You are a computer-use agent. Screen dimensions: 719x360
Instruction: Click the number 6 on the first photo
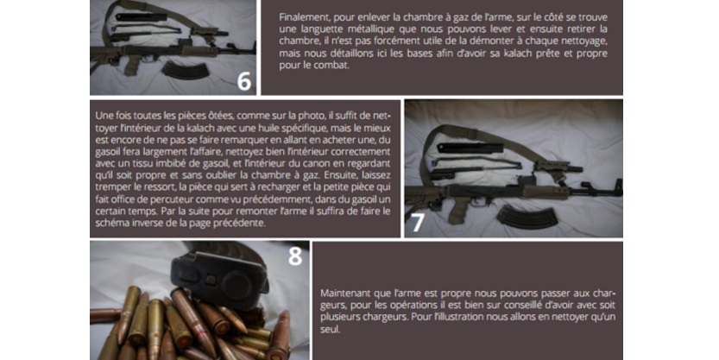[x=244, y=80]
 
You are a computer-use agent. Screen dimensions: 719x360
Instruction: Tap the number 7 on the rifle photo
[x=417, y=222]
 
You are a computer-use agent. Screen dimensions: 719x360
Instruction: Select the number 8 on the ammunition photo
[x=295, y=256]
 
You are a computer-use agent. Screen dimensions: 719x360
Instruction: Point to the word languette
[x=322, y=29]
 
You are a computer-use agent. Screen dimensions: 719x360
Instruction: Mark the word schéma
[x=111, y=224]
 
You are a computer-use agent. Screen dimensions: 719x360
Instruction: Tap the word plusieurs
[x=339, y=318]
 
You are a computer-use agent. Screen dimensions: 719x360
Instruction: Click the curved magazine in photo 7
[x=527, y=217]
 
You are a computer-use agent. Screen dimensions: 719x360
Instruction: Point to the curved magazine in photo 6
[x=185, y=70]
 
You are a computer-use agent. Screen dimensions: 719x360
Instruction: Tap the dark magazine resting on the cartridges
[x=219, y=275]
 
